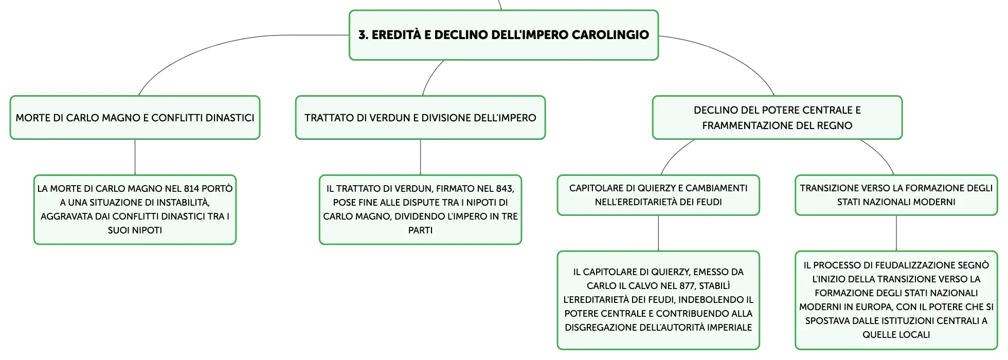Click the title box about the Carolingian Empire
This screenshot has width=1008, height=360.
click(x=503, y=35)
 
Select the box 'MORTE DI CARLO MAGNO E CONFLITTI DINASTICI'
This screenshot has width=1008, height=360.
click(x=135, y=117)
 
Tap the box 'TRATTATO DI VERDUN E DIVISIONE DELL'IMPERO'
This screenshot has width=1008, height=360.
click(x=420, y=117)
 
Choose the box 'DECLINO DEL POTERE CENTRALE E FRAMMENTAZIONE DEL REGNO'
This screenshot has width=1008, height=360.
click(x=777, y=117)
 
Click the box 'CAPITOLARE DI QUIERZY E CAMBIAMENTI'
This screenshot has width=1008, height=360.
click(x=658, y=195)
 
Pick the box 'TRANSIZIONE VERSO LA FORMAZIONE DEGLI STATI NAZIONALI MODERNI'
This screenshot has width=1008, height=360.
click(x=896, y=195)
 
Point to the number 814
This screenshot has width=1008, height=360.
click(x=191, y=189)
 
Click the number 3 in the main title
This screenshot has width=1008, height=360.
click(x=363, y=35)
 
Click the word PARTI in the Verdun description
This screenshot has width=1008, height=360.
click(x=420, y=230)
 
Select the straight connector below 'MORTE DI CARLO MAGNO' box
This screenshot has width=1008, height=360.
click(x=135, y=157)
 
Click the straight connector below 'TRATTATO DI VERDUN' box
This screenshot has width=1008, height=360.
click(x=420, y=157)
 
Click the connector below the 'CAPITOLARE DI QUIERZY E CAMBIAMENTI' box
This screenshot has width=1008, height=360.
click(x=658, y=233)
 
